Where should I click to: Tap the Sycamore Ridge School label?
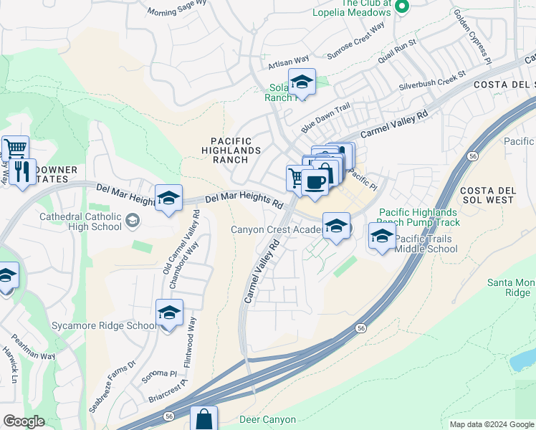click(x=103, y=325)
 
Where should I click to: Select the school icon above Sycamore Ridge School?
click(x=169, y=313)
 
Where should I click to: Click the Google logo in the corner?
click(x=24, y=421)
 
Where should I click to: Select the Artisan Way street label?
click(x=288, y=63)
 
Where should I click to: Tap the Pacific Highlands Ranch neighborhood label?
click(x=231, y=150)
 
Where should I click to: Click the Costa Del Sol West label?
click(x=487, y=194)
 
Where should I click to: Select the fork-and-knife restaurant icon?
click(x=22, y=171)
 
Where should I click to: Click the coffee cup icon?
click(x=315, y=181)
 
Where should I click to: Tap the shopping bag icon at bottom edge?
click(x=204, y=419)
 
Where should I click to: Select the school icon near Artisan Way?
click(x=302, y=82)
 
